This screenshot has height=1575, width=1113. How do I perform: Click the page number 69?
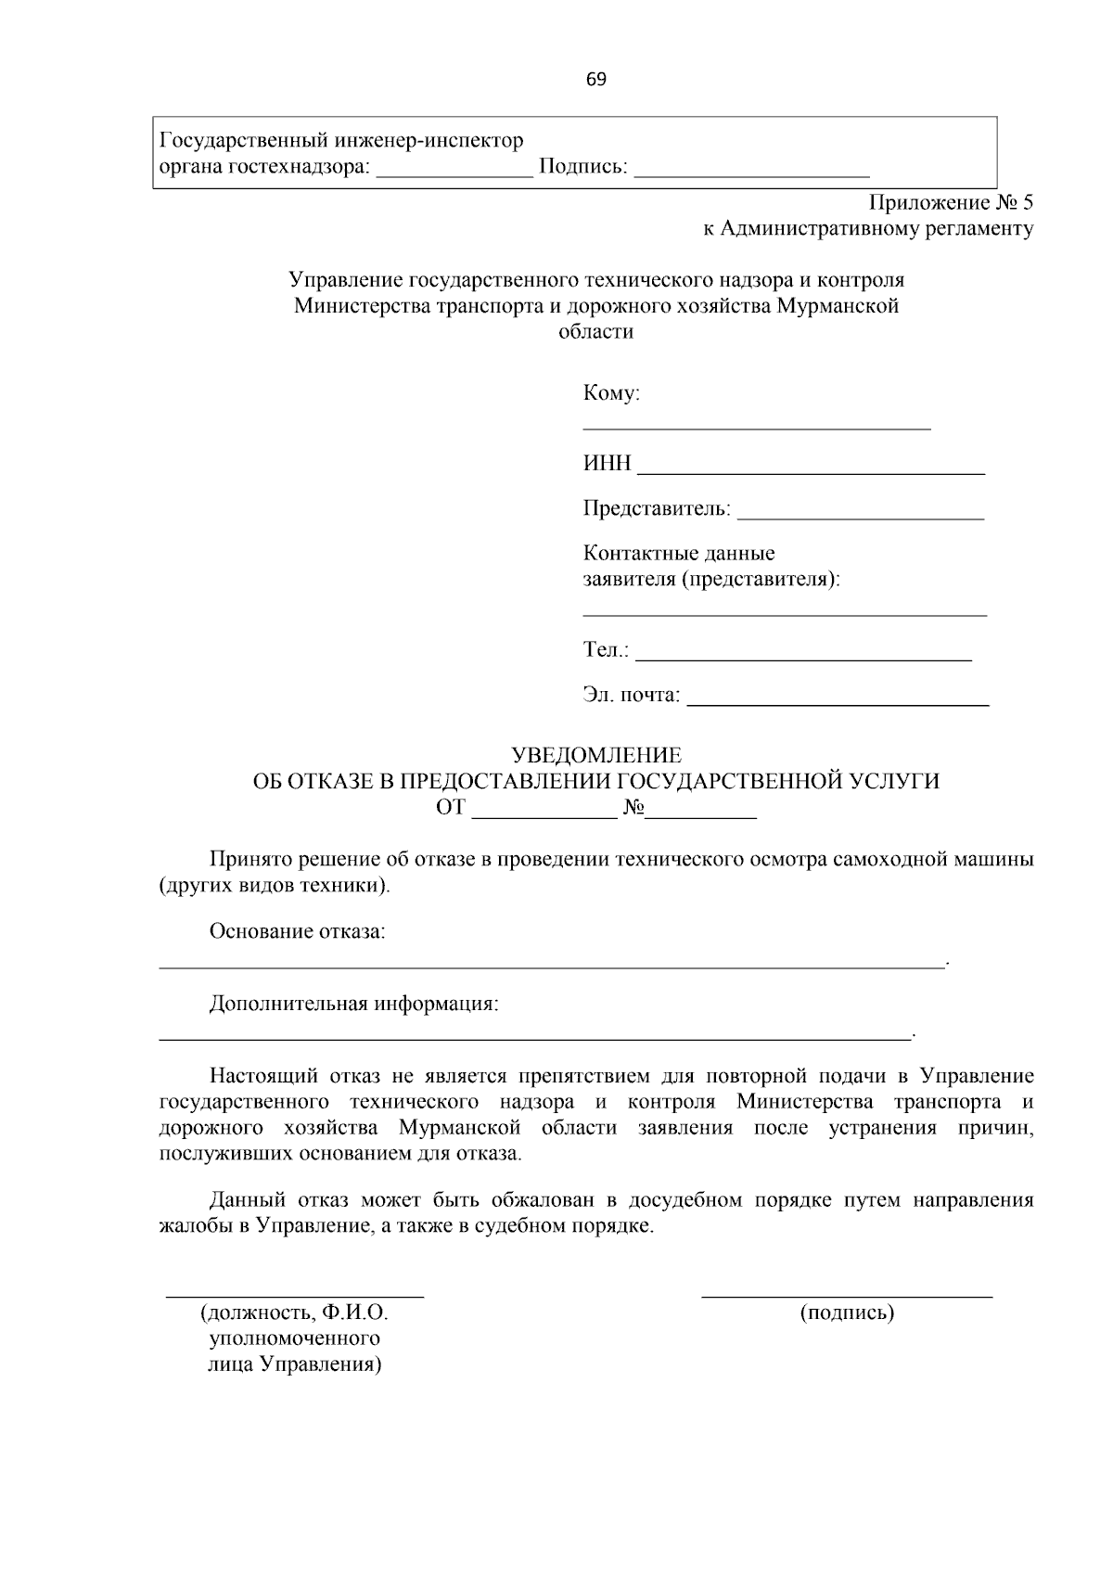point(595,80)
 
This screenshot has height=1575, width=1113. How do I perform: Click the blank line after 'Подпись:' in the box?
point(752,173)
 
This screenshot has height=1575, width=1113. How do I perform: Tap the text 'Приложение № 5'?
point(950,203)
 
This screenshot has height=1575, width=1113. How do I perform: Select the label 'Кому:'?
point(611,393)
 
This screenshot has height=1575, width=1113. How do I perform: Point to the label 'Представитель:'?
point(657,508)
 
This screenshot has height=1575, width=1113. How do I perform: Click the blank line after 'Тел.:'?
point(804,658)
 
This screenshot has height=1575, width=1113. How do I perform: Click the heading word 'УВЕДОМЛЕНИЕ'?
point(596,755)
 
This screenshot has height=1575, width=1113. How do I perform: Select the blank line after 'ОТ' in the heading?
point(545,816)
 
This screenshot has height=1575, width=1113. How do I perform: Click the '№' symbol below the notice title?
point(634,807)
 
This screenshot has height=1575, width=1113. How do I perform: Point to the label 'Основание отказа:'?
point(297,930)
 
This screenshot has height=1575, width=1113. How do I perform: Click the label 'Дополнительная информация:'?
point(354,1004)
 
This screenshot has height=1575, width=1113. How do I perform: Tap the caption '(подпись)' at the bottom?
point(847,1312)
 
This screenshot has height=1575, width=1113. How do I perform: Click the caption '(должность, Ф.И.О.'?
point(294,1312)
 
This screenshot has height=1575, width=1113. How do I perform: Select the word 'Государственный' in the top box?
point(233,141)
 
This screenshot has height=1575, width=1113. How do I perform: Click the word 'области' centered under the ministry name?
point(595,331)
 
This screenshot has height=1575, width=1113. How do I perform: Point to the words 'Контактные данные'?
point(679,554)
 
